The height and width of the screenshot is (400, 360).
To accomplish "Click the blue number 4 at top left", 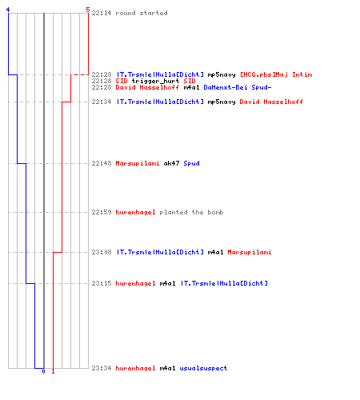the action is click(x=8, y=10).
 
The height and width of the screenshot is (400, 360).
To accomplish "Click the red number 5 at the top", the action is click(x=88, y=10).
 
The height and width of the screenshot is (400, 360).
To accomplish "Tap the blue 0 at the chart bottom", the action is click(x=43, y=371).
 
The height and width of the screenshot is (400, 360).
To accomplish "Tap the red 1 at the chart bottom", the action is click(x=53, y=371).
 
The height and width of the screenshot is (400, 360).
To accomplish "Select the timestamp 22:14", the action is click(x=102, y=13).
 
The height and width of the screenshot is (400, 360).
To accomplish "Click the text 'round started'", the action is click(x=142, y=13).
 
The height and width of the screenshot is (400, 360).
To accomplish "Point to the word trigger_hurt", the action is click(x=155, y=81).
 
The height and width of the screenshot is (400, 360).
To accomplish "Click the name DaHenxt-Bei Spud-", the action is click(x=238, y=87).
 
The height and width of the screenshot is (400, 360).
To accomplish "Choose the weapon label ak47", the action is click(x=171, y=163).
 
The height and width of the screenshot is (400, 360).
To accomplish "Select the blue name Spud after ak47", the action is click(x=191, y=163).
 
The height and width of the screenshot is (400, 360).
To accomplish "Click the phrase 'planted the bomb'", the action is click(x=191, y=212).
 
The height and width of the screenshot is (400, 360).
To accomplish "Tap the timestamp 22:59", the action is click(x=102, y=212).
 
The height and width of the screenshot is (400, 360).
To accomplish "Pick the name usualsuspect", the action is click(x=203, y=368).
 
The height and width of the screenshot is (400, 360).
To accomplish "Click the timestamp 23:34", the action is click(x=102, y=368).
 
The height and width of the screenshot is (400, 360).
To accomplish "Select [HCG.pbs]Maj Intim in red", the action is click(x=276, y=74).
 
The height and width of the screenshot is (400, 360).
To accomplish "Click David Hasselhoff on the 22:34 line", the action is click(x=271, y=102).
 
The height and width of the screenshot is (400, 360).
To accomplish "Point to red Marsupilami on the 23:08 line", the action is click(x=250, y=252).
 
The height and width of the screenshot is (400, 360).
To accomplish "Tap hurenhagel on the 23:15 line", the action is click(x=135, y=283).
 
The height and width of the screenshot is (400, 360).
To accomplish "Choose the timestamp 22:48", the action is click(x=102, y=163).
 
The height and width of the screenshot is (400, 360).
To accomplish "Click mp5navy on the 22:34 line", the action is click(x=222, y=102).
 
